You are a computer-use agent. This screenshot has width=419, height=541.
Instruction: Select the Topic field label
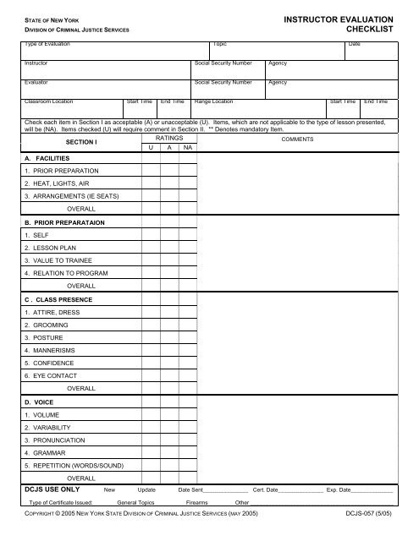tap(220, 43)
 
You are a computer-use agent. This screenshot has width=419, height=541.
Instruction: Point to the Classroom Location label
tap(56, 101)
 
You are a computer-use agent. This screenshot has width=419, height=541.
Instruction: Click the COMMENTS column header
tap(297, 139)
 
